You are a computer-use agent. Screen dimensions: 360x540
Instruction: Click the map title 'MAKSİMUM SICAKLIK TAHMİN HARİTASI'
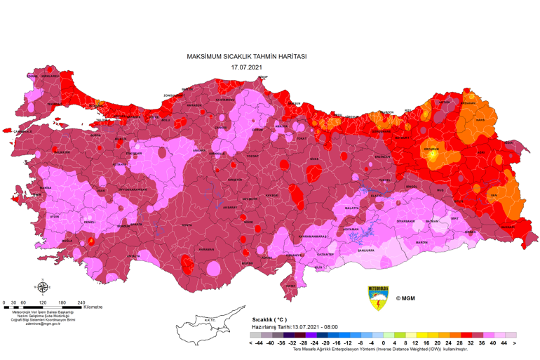(246, 56)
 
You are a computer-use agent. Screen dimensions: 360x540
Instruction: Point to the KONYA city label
(186, 225)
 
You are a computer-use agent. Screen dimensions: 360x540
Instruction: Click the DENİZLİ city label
(89, 222)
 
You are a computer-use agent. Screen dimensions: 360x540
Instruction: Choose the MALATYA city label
(351, 208)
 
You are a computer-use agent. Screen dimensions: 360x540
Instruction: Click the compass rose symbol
(43, 286)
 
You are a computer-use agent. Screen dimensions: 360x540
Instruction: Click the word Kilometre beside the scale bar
(93, 307)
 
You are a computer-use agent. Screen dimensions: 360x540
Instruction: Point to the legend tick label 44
(504, 343)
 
